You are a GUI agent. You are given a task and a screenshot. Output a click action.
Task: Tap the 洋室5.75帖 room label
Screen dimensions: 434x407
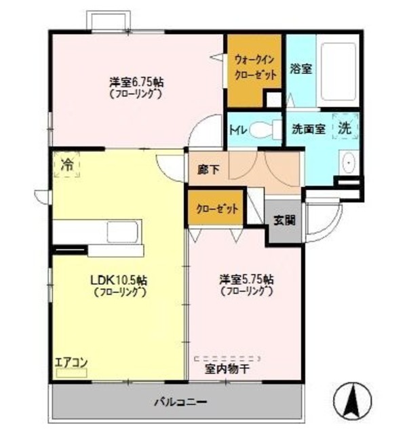point(246,279)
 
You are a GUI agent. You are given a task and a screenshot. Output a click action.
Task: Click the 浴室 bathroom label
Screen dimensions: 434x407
point(301,68)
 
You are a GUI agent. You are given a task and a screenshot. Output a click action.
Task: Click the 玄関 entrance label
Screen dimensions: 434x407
point(284,220)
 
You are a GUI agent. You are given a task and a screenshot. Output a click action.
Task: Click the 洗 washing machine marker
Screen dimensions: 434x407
point(345,126)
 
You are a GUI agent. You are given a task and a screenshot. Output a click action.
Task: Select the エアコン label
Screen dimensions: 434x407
point(71,361)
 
